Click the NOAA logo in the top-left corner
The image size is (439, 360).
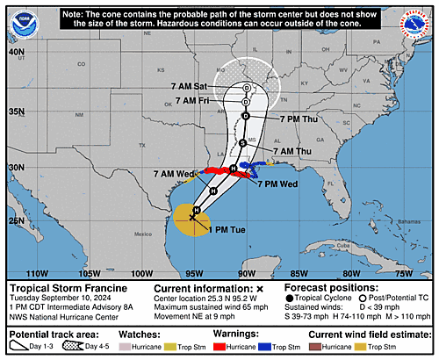[x=20, y=20]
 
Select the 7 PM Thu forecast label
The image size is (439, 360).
[x=299, y=119]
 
